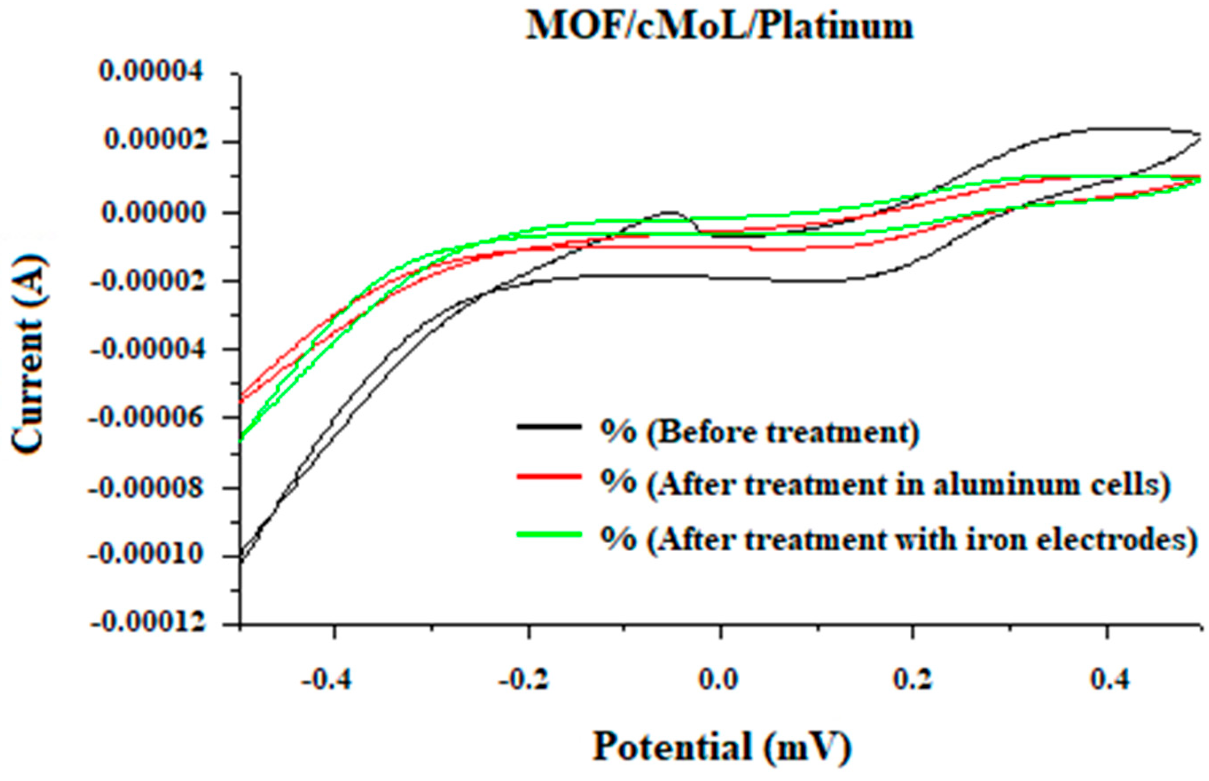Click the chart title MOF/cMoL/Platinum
[719, 26]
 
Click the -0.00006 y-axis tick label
[148, 418]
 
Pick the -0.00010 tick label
[148, 556]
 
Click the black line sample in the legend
[549, 427]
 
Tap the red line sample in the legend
[549, 476]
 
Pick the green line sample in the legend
[549, 534]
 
